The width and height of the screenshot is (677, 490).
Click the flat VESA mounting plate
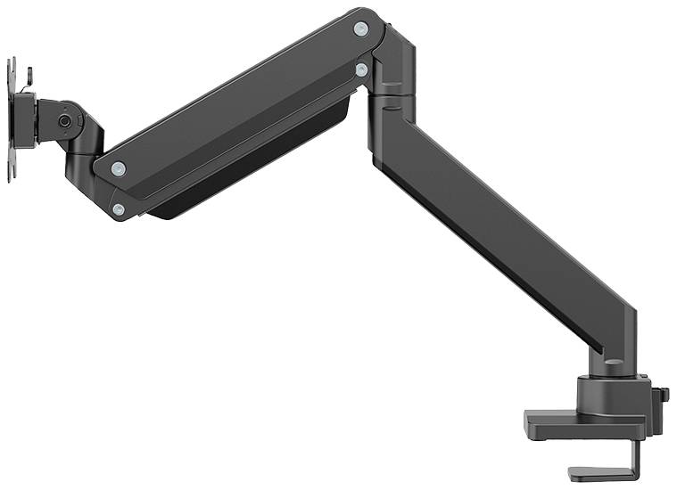12,120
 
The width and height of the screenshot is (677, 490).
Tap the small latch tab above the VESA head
28,73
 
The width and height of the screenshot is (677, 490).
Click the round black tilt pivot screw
65,120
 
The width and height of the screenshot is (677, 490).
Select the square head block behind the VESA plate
27,119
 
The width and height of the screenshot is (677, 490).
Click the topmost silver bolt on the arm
360,29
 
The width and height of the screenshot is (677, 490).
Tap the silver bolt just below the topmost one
361,68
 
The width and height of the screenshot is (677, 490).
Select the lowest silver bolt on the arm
119,209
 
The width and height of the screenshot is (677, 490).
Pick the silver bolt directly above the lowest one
118,168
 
